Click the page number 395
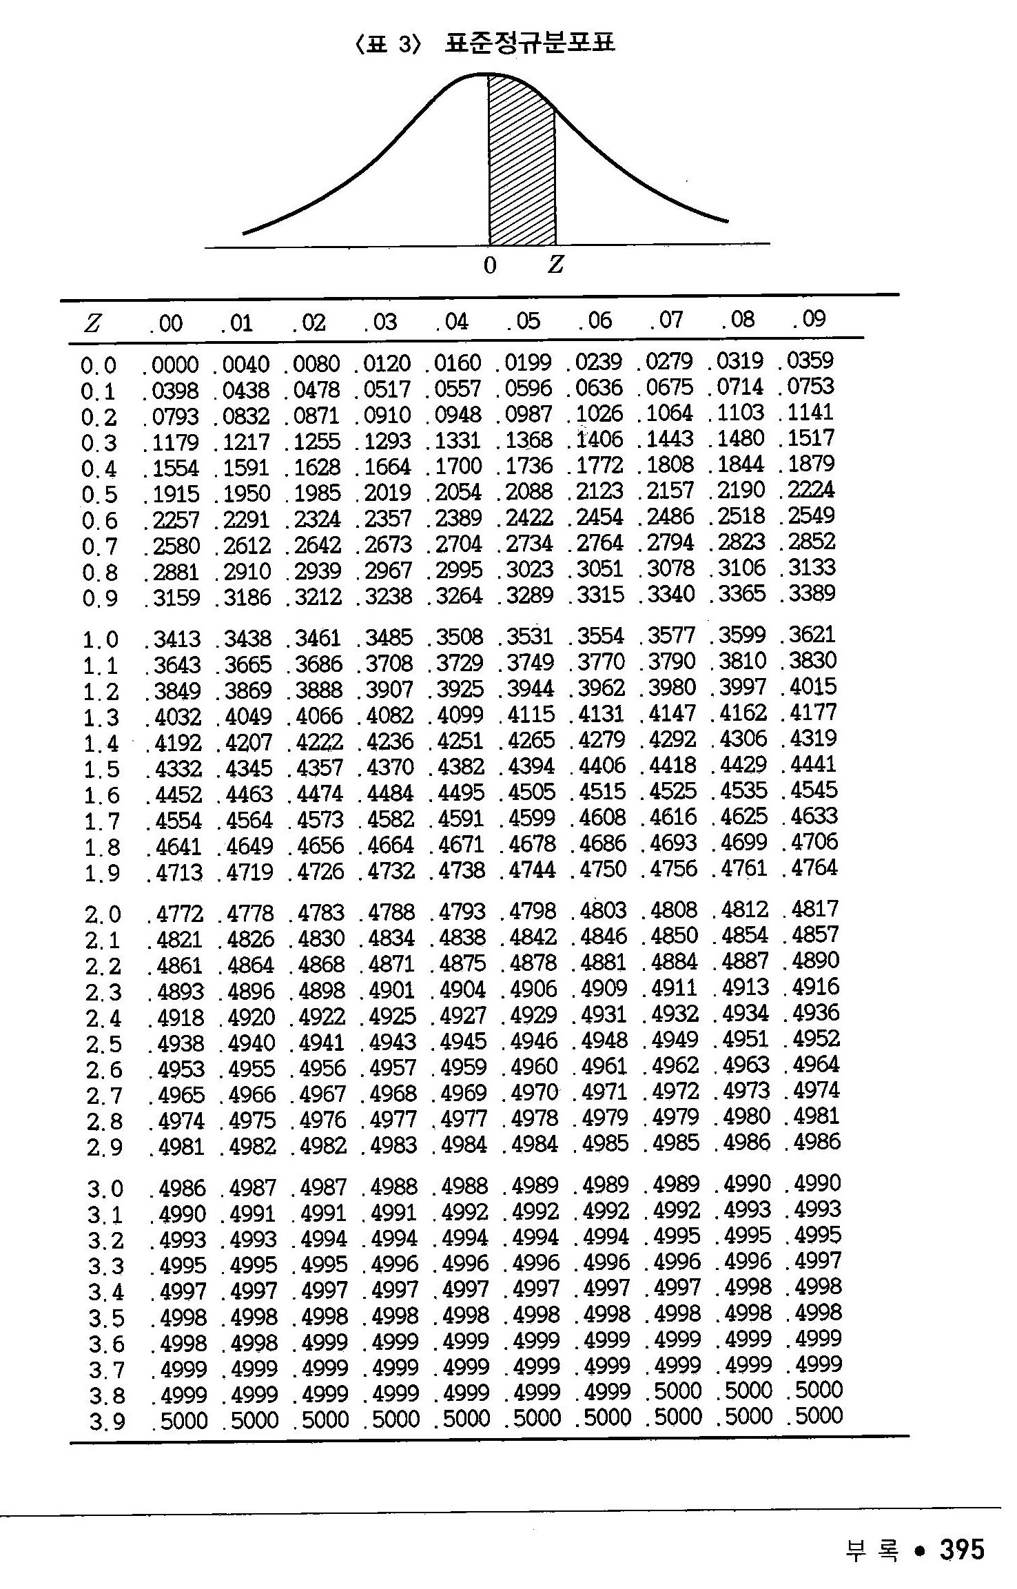[962, 1549]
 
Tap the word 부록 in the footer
[872, 1550]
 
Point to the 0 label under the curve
[489, 265]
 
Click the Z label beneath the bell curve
[555, 265]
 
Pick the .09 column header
[809, 318]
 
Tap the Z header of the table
[92, 324]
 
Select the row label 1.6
[101, 796]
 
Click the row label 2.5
[103, 1045]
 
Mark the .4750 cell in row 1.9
[599, 870]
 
